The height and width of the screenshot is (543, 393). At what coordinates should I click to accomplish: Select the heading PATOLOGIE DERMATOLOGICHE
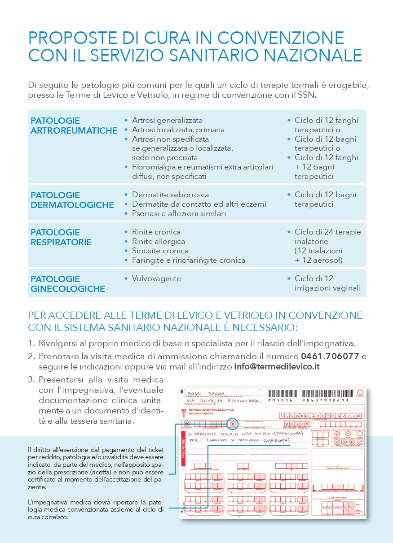[x=72, y=200]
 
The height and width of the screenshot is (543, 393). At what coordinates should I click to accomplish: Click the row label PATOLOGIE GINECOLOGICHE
[x=68, y=284]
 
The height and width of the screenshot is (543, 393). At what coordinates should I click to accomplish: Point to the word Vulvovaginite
[x=156, y=278]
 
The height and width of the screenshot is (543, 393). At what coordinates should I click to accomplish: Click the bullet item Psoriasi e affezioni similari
[x=179, y=213]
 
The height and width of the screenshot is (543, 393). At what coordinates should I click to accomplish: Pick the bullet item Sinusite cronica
[x=160, y=251]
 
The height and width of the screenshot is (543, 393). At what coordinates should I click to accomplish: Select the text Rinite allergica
[x=159, y=241]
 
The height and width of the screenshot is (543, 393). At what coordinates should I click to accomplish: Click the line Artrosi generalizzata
[x=167, y=120]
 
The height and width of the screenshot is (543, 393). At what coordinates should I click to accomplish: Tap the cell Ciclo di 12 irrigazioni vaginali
[x=327, y=283]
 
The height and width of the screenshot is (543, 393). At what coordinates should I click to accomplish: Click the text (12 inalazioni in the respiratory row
[x=318, y=251]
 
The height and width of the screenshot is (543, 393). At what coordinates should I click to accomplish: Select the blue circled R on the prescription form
[x=232, y=422]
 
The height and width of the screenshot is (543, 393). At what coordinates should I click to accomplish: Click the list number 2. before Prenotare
[x=31, y=356]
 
